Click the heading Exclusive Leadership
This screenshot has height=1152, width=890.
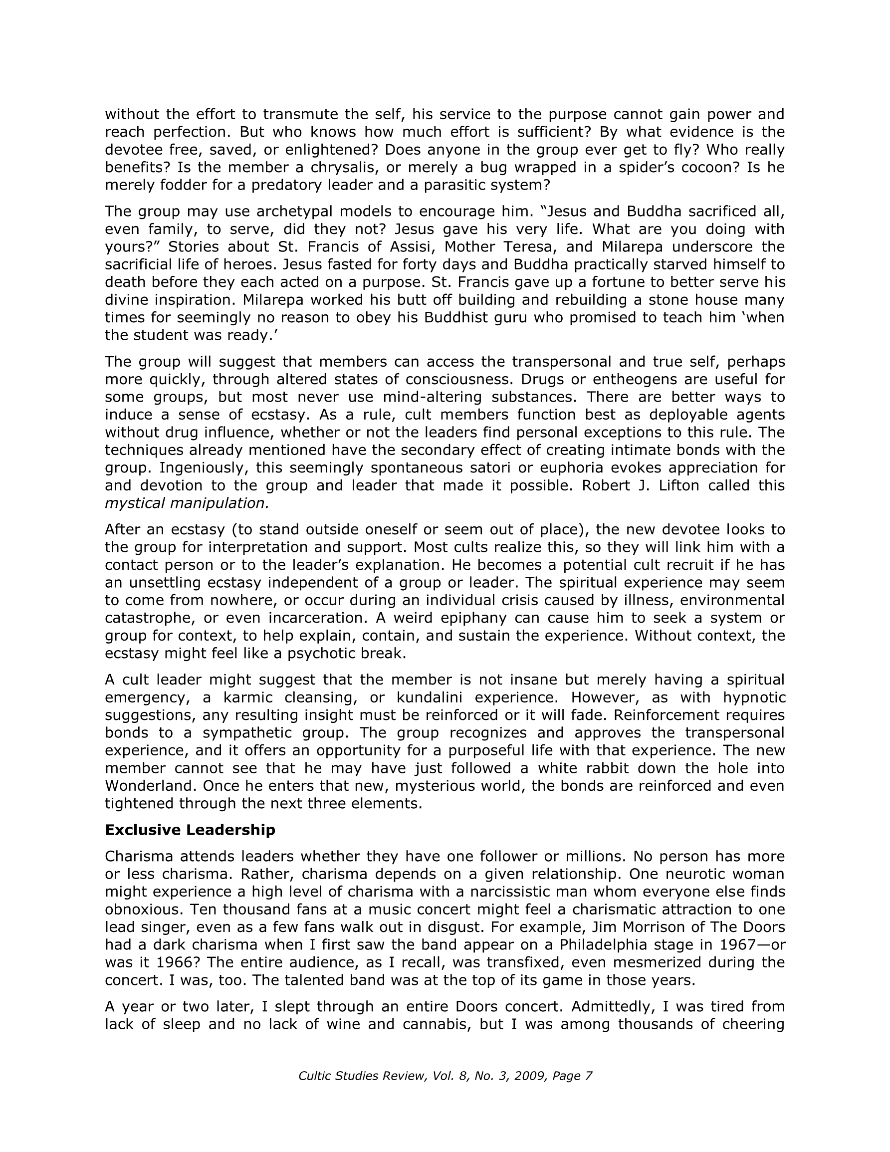pos(190,830)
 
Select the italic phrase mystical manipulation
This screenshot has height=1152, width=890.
pos(187,503)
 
